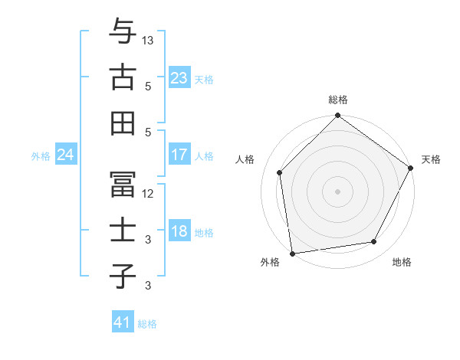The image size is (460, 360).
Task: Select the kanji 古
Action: (122, 77)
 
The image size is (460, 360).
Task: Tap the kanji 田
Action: (122, 122)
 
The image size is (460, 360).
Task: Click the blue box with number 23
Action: (179, 78)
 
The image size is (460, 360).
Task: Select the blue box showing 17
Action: (179, 155)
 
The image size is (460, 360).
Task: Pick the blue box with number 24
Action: (65, 155)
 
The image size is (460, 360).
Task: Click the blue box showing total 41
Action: (123, 322)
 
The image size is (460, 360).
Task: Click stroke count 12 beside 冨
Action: (148, 193)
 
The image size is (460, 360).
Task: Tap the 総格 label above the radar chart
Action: (337, 100)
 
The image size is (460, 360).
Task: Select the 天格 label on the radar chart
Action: (431, 159)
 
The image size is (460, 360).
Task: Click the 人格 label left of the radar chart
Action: (245, 159)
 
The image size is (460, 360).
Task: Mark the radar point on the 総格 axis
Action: (337, 116)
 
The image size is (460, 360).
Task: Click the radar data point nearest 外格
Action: (292, 253)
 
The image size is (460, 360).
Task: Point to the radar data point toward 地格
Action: (374, 242)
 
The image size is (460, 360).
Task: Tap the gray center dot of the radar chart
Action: (337, 191)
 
